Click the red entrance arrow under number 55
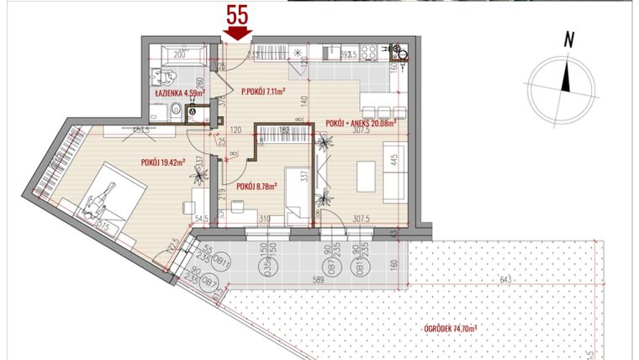239,33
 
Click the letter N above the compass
569,38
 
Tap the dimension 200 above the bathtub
178,53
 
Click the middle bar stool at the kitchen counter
383,113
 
